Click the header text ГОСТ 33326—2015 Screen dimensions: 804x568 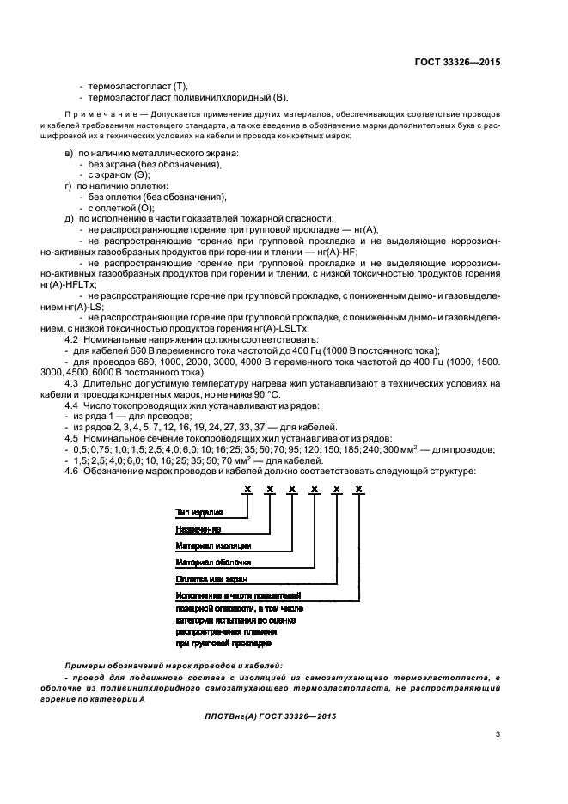tap(455, 63)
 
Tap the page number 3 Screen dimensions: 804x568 tap(498, 734)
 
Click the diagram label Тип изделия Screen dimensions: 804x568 tap(198, 512)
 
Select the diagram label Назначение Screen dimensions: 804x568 tap(198, 528)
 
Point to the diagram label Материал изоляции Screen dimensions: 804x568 tap(213, 545)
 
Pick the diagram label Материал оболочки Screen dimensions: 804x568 tap(213, 562)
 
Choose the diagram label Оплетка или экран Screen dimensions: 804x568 tap(211, 578)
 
